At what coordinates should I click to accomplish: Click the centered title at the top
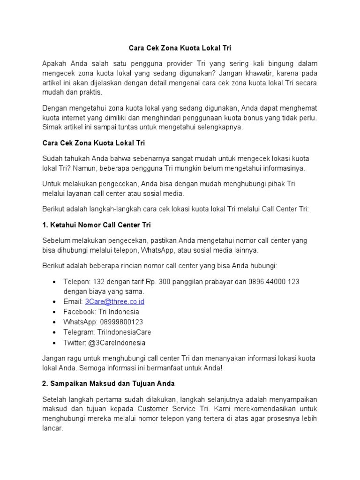180,48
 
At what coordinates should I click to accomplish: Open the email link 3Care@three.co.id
114,301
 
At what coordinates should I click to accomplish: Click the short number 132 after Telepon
99,281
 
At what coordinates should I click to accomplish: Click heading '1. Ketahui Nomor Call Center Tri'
97,225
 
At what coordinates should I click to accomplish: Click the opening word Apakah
55,63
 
